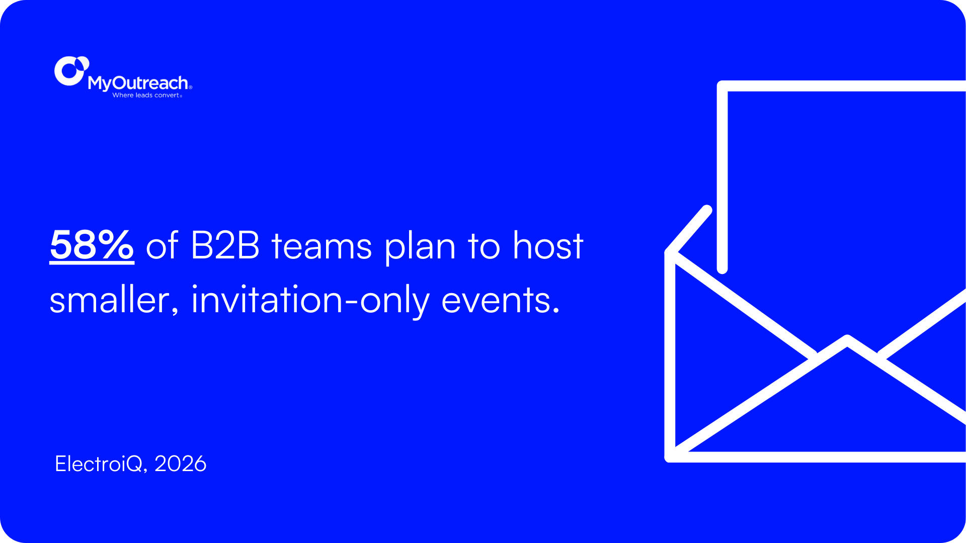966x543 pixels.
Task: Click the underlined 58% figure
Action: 92,246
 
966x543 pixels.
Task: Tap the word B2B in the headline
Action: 225,246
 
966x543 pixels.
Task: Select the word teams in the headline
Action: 321,246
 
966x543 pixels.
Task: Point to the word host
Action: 548,246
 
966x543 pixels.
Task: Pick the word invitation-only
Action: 310,300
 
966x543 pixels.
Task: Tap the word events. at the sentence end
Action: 501,300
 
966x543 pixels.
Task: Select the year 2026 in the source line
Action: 181,464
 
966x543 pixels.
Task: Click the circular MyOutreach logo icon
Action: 71,71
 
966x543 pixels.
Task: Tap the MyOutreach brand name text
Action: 138,83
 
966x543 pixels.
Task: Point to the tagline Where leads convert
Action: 146,95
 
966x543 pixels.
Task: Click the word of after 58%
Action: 162,246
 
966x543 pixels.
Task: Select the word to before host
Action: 484,246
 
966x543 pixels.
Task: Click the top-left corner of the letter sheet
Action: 723,86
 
